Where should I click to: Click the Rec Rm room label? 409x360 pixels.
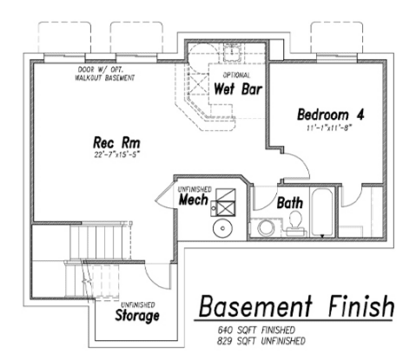point(116,142)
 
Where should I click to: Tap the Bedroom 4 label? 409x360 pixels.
point(331,115)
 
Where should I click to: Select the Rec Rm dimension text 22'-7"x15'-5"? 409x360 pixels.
point(116,154)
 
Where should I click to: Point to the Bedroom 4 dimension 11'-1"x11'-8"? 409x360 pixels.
point(331,128)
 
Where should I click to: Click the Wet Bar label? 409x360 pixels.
point(238,88)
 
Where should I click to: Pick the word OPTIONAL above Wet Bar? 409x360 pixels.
point(236,75)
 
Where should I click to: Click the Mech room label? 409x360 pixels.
point(193,200)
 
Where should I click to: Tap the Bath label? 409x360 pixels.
point(290,202)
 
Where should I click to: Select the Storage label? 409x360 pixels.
point(137,315)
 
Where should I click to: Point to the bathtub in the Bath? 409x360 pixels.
point(322,213)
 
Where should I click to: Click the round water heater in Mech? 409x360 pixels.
point(222,228)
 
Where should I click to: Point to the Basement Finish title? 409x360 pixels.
point(296,306)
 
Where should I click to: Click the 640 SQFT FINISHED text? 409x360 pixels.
point(256,330)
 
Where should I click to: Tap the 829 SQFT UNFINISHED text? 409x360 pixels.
point(261,341)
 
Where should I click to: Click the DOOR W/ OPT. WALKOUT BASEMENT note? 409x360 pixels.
point(105,74)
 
